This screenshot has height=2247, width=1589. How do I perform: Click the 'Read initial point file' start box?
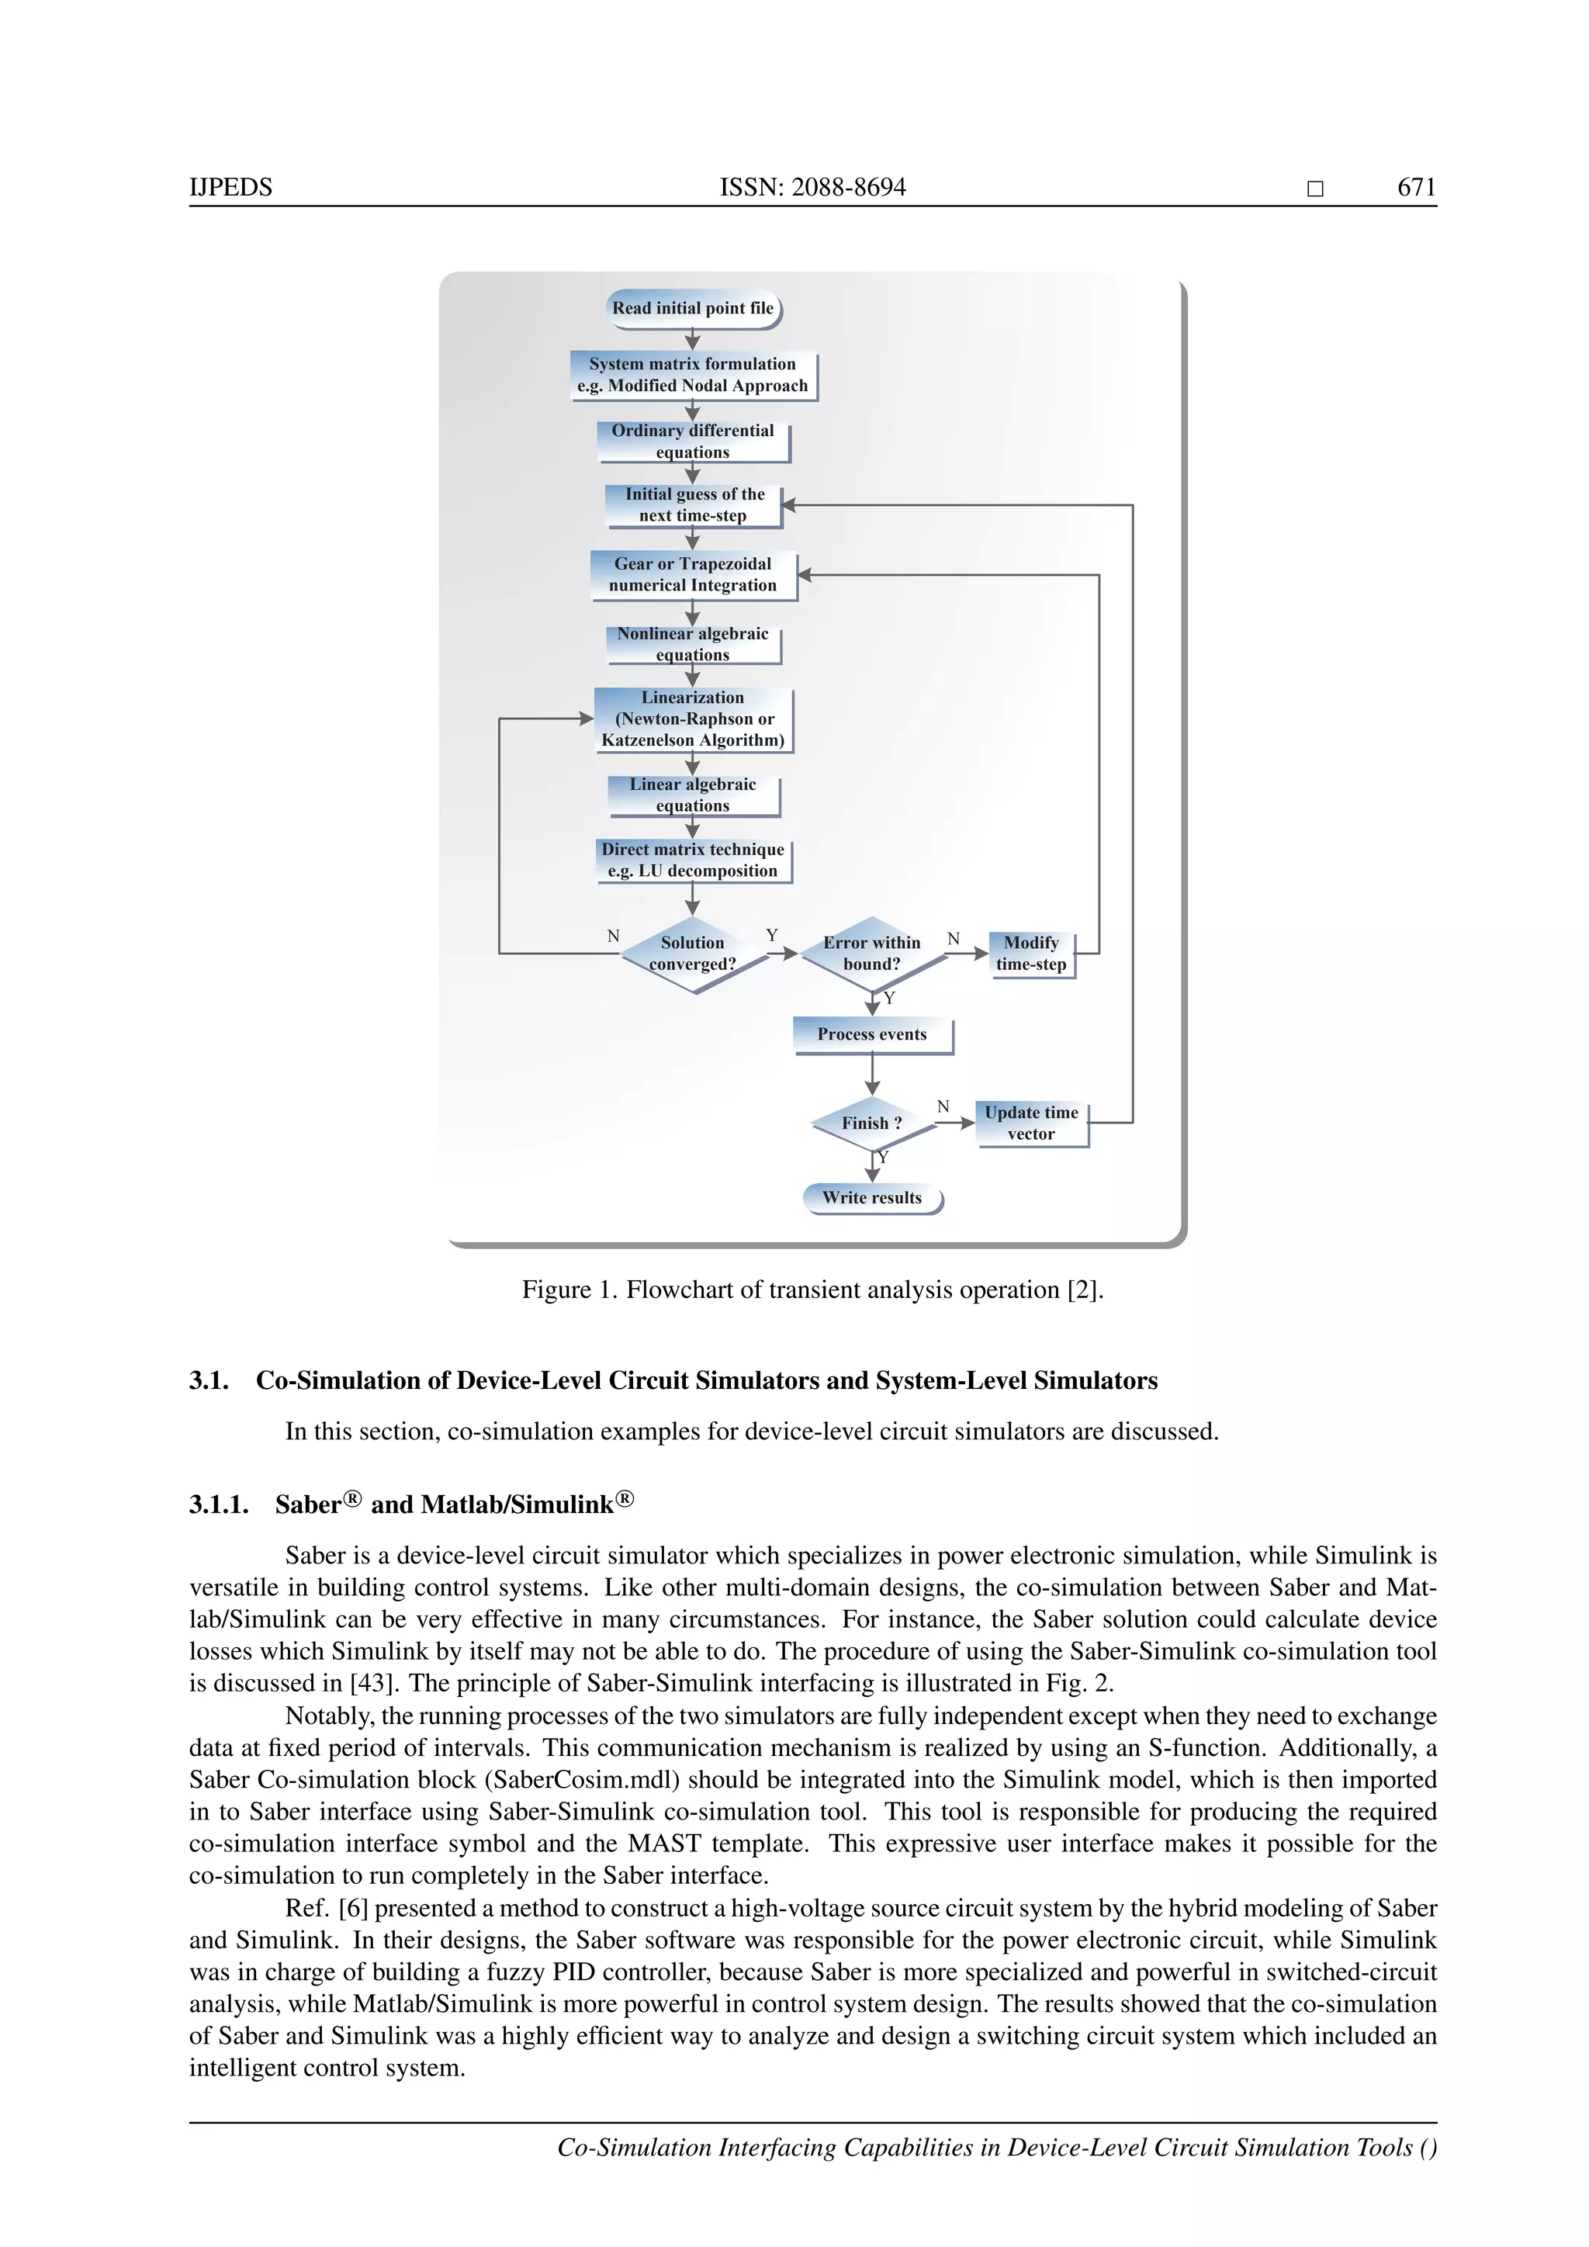693,308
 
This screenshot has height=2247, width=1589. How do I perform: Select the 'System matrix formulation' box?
693,375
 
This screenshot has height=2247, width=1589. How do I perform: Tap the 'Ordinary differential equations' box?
693,441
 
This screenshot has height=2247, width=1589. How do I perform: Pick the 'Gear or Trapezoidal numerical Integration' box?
693,574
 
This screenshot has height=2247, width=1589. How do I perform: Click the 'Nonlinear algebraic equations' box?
693,644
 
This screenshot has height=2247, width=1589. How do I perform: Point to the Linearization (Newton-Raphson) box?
693,719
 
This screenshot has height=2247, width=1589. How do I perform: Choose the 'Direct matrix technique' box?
693,860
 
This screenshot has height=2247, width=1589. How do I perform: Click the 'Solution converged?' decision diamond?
693,954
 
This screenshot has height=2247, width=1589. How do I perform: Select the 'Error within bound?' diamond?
872,954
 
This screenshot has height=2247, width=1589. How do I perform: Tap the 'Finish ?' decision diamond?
872,1123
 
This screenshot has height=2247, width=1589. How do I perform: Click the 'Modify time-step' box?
1031,954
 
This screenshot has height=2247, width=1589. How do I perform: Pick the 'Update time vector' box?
1031,1123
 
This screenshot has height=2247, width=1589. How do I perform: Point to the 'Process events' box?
872,1034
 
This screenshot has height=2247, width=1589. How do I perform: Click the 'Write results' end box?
872,1198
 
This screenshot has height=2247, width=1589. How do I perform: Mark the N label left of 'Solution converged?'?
614,937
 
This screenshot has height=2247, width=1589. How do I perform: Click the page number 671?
1416,187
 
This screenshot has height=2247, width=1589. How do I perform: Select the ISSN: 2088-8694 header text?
813,187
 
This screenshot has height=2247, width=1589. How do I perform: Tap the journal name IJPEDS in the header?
231,187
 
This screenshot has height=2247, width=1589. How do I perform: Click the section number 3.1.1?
218,1505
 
